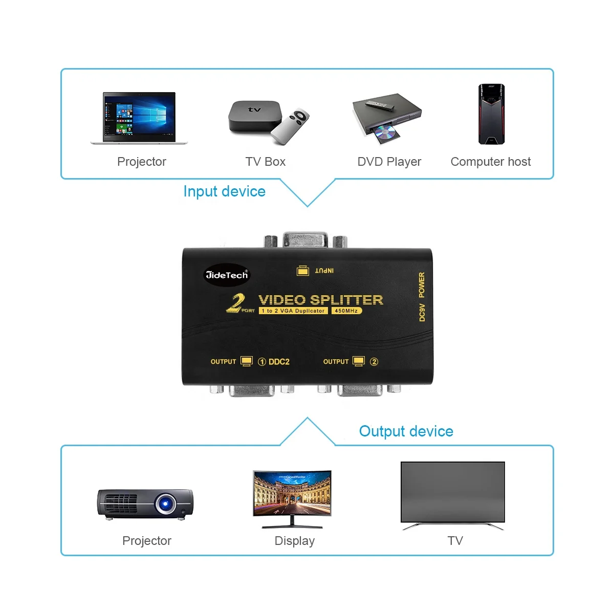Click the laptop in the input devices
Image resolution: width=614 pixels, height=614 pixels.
(x=139, y=118)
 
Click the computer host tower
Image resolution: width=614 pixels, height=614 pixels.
(x=491, y=114)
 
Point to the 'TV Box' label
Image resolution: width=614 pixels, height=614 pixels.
(x=265, y=162)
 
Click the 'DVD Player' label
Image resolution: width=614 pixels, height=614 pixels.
(x=389, y=162)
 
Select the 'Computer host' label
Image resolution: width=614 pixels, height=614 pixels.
(x=490, y=162)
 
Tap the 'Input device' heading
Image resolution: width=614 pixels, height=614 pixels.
(x=224, y=191)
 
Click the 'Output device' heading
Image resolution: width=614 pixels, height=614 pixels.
(x=406, y=431)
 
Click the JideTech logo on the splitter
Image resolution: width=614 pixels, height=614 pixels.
(x=227, y=275)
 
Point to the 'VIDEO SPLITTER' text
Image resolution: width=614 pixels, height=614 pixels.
(x=321, y=300)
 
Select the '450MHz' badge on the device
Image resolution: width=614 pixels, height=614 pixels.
(x=346, y=311)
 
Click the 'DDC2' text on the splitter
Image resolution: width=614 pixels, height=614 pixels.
(x=279, y=362)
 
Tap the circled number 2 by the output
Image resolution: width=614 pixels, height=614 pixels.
(x=374, y=362)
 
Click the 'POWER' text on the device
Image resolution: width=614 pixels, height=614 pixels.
(x=422, y=284)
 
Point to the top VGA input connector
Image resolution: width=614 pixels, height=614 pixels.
(x=305, y=240)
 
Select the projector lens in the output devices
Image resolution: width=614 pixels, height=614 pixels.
(x=165, y=503)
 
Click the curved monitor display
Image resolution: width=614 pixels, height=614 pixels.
(x=292, y=493)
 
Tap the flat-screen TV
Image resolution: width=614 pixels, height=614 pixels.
(x=452, y=492)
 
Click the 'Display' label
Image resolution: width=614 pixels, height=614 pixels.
(x=294, y=541)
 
